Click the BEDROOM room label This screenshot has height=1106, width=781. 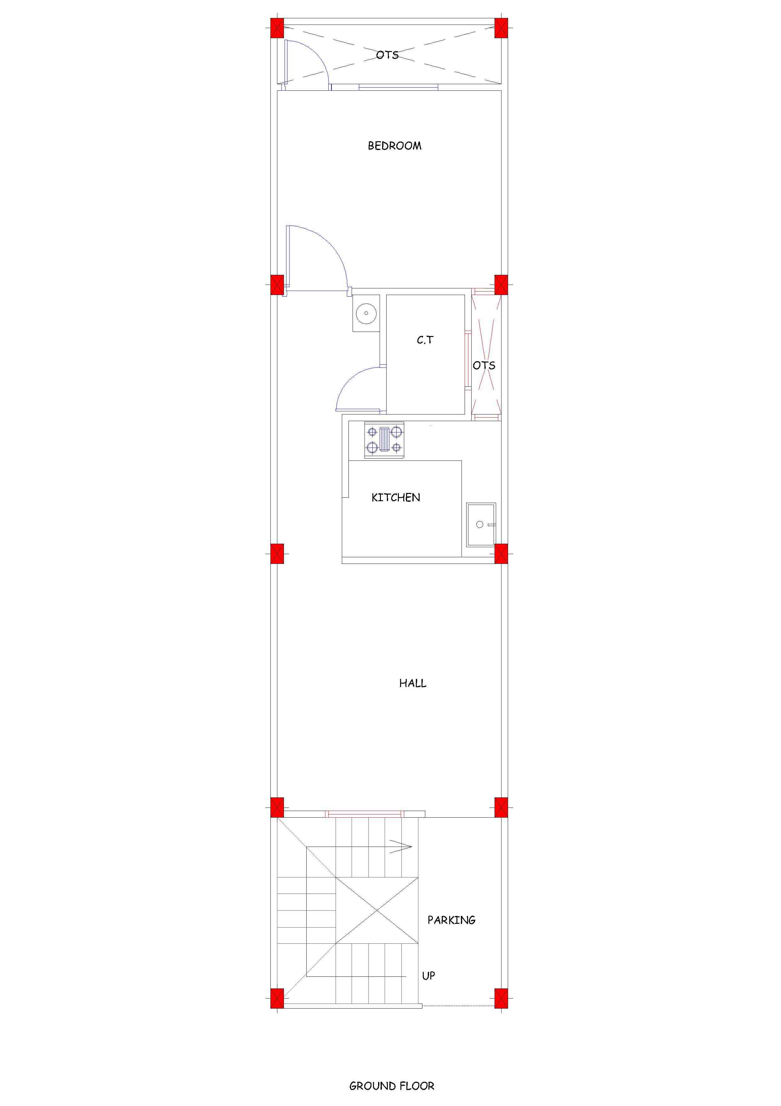click(x=394, y=146)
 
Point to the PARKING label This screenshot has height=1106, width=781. click(x=451, y=920)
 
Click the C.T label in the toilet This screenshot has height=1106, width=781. click(x=425, y=340)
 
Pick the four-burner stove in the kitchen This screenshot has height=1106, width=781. click(x=384, y=440)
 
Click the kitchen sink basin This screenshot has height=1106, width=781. click(x=481, y=524)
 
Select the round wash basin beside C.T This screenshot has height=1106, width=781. click(x=366, y=313)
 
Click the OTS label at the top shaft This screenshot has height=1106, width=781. click(x=388, y=55)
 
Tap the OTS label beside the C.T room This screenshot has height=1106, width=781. click(x=484, y=366)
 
